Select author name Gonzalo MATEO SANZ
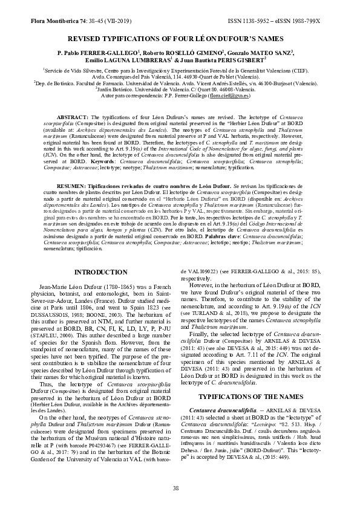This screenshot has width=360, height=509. click(258, 53)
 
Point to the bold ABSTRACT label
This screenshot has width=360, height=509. click(72, 117)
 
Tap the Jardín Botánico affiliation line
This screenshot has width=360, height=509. click(180, 88)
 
